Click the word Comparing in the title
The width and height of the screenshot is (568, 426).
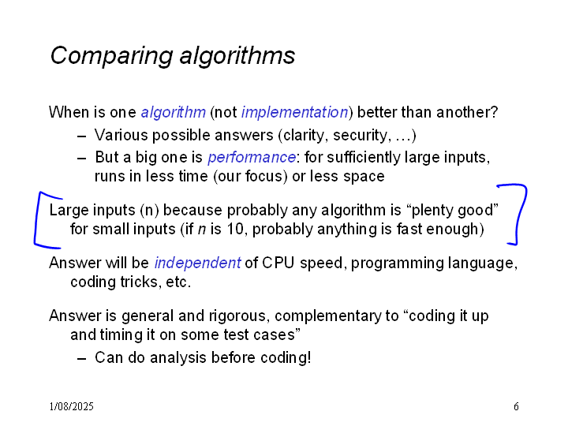pos(111,57)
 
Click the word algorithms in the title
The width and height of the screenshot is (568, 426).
pos(237,56)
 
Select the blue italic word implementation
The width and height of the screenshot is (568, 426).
pos(294,113)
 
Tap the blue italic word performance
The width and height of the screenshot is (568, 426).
pos(252,158)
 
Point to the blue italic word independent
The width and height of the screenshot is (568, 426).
pos(197,263)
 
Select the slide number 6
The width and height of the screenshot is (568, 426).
pos(516,406)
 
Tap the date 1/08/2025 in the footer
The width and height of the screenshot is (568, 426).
pos(71,406)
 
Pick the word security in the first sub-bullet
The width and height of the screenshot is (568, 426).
pos(360,136)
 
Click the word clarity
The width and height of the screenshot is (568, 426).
pos(306,136)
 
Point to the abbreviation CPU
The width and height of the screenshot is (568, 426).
pos(278,263)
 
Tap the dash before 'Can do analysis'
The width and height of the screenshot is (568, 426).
pos(82,359)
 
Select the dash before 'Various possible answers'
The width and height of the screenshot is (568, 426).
pos(82,136)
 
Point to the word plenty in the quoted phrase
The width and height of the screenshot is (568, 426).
pos(432,211)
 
